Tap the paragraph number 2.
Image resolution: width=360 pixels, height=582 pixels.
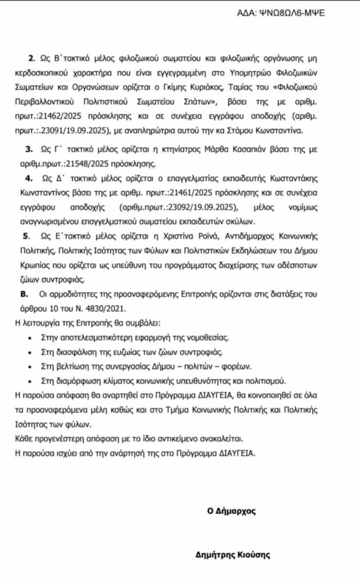pyautogui.click(x=30, y=59)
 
